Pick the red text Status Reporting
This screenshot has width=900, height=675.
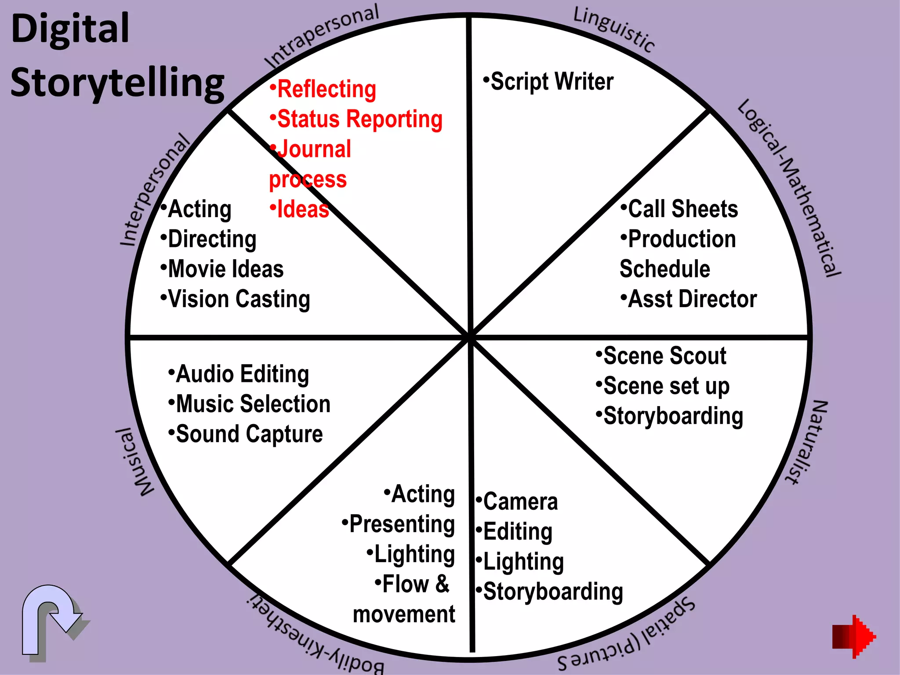tap(356, 119)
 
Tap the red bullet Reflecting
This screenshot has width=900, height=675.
tap(323, 89)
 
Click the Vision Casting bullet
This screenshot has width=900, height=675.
tap(236, 299)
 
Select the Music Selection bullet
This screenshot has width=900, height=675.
tap(249, 404)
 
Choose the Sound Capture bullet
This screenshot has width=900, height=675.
tap(246, 434)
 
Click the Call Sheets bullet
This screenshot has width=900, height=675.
tap(679, 209)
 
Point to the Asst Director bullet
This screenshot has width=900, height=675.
tap(689, 299)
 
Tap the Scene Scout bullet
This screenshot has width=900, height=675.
tap(661, 356)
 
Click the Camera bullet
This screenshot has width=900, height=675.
tap(517, 502)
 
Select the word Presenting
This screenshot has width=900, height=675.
tap(399, 524)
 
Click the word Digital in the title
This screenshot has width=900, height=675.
tap(70, 29)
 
